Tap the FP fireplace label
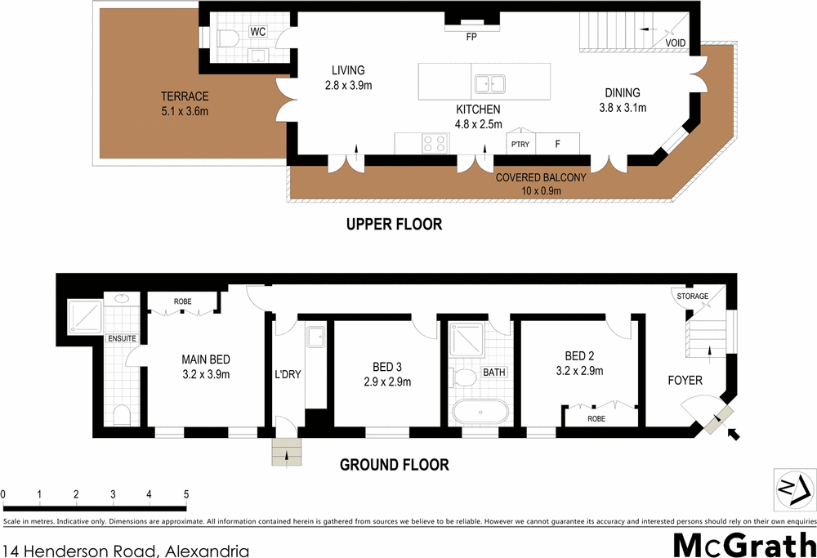click(471, 37)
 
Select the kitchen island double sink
click(490, 83)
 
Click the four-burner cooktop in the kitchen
click(434, 144)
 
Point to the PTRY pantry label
click(520, 145)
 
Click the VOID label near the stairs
click(675, 43)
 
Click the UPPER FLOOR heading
click(393, 224)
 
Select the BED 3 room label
click(387, 368)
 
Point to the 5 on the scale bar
click(186, 494)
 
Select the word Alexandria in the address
click(202, 551)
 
